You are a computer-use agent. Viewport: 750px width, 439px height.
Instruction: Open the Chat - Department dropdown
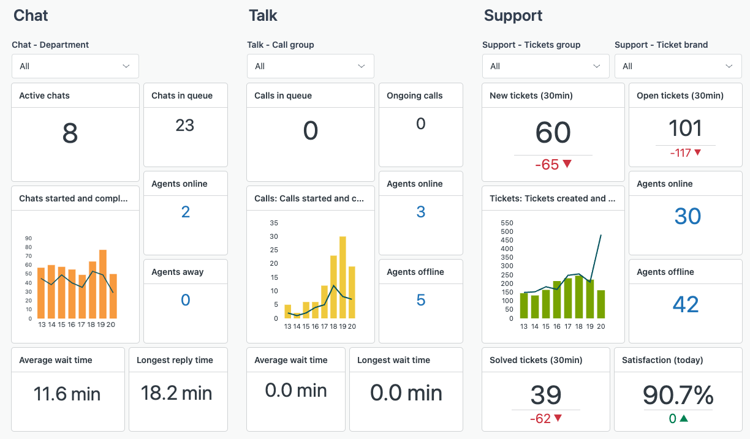(75, 66)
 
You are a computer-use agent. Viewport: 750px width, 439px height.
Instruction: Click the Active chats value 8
(70, 133)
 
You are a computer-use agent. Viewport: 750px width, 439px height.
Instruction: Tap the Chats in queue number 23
(184, 126)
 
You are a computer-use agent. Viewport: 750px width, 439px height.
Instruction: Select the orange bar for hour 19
(103, 285)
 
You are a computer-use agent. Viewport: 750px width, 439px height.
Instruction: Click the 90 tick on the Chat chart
(28, 239)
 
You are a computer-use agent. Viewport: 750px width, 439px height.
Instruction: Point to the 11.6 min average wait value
(67, 394)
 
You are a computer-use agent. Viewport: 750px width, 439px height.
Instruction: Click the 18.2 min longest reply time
(176, 393)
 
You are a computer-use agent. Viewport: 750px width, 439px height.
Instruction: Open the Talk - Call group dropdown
(310, 66)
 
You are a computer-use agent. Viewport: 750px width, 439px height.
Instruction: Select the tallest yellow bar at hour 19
(343, 277)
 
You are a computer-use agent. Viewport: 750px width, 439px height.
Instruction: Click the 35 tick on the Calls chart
(274, 223)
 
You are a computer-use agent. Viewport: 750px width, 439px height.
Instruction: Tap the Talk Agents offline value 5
(420, 300)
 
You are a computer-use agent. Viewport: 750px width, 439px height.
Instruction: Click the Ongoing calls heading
(414, 96)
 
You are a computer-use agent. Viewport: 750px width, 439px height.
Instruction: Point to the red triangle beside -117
(697, 152)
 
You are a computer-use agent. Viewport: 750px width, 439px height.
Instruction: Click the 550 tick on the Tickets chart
(507, 223)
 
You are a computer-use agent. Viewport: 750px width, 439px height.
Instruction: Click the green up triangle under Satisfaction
(684, 419)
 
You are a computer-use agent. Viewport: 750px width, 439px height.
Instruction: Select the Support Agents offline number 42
(685, 304)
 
